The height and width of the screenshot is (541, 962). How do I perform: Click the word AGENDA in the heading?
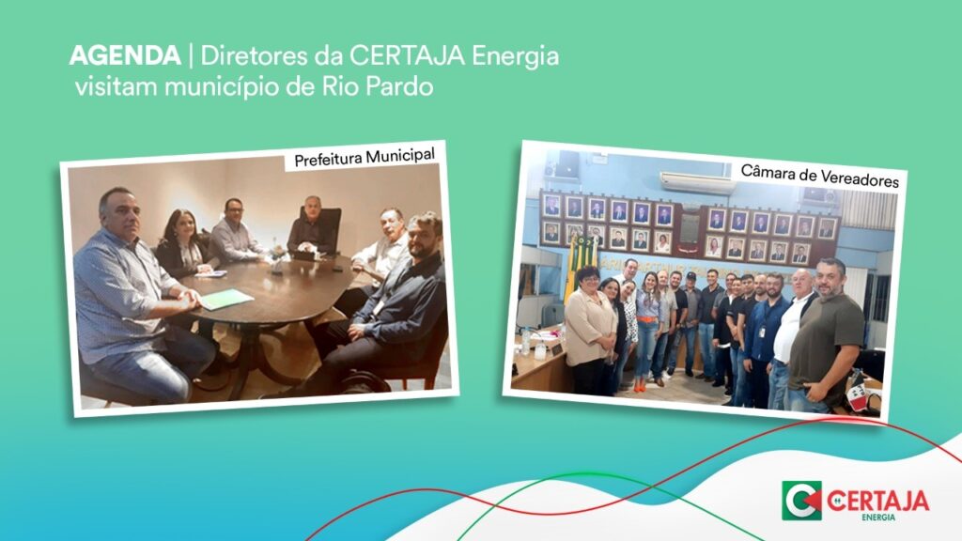pos(125,55)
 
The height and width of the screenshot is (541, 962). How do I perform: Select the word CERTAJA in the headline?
pos(408,55)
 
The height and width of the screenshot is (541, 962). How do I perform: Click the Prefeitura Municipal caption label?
pos(365,158)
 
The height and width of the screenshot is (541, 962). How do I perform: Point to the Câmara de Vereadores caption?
pos(819,176)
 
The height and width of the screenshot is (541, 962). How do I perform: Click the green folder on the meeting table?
pos(225,300)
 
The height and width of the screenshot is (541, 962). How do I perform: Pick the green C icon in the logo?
pos(801,500)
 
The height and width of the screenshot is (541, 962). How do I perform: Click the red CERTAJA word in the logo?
pos(877,501)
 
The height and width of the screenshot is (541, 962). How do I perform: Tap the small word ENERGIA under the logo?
pos(878,518)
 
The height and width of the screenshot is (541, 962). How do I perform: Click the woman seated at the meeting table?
pos(182,246)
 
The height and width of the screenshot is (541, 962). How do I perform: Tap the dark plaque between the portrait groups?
pos(690,230)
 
